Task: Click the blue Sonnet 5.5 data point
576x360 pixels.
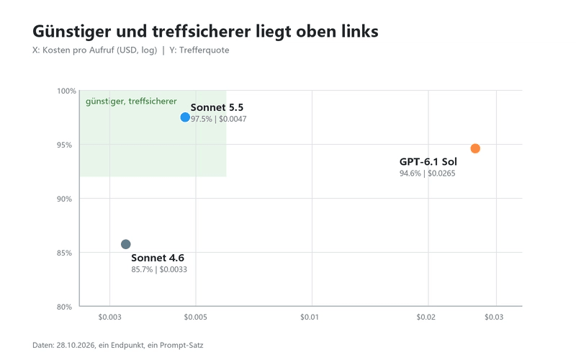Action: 185,117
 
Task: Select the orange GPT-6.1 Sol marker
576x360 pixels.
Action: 475,148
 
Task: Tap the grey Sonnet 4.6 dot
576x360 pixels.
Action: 125,244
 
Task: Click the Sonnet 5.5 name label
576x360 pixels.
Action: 217,107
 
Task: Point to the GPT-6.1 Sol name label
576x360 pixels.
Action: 428,161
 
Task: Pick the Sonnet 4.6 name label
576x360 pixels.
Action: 158,258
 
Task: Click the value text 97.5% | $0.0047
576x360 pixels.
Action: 219,119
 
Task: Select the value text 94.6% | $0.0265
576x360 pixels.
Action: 427,174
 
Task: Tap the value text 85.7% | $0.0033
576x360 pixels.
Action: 159,269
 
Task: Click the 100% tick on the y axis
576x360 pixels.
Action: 66,91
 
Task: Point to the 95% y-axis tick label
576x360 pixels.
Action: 64,145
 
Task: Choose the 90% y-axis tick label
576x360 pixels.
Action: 64,199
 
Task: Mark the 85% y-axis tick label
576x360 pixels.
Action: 64,253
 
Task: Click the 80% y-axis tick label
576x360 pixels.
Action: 64,307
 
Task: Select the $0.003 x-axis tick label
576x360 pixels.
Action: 110,317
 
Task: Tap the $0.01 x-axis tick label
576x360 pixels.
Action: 310,317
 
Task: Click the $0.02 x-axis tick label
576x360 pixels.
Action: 426,317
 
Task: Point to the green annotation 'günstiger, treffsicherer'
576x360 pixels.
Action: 131,102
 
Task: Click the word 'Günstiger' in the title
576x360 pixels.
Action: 71,32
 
